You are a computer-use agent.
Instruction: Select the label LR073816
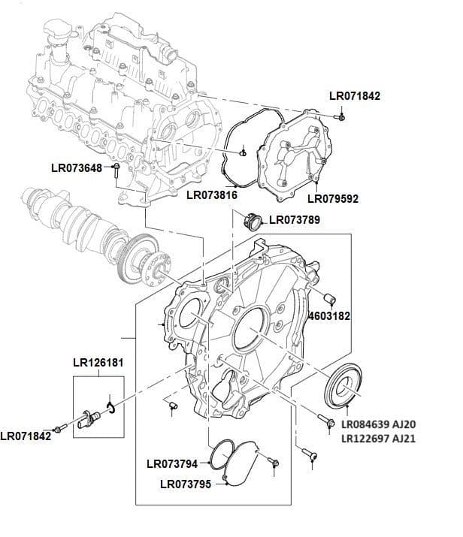(x=212, y=195)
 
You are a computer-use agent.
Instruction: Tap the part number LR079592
(x=333, y=199)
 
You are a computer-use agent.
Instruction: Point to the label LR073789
(x=295, y=220)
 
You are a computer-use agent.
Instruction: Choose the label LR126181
(x=98, y=363)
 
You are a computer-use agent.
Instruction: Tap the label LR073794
(x=172, y=463)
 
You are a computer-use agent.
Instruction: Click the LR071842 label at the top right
(x=356, y=96)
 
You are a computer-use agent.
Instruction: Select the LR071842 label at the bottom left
(x=26, y=436)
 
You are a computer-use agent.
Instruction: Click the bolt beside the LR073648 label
(x=117, y=170)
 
